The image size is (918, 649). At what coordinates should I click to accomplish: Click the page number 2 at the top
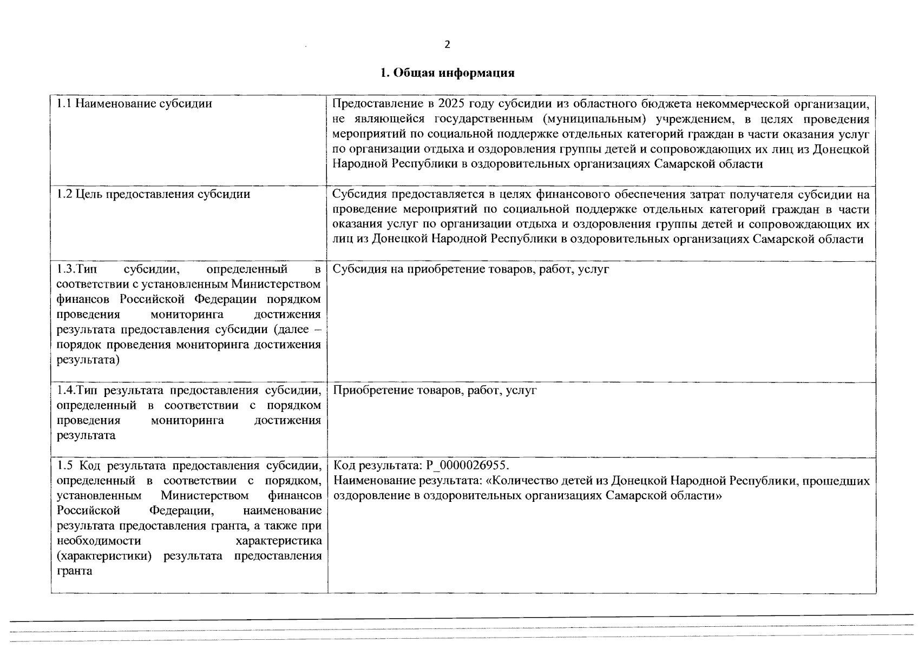click(x=447, y=45)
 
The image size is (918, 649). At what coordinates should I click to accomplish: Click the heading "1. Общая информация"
click(x=447, y=73)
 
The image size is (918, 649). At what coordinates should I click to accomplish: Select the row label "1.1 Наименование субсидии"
click(x=134, y=103)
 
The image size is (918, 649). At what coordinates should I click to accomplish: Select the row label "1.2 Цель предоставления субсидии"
click(x=153, y=194)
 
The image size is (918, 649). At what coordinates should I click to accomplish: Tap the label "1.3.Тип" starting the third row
click(x=76, y=269)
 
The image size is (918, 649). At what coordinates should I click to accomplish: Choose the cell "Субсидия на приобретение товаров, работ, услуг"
click(x=470, y=269)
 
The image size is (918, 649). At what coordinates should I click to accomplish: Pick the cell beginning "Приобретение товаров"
click(x=435, y=390)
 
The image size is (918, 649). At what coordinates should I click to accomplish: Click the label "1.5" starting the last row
click(x=64, y=466)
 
